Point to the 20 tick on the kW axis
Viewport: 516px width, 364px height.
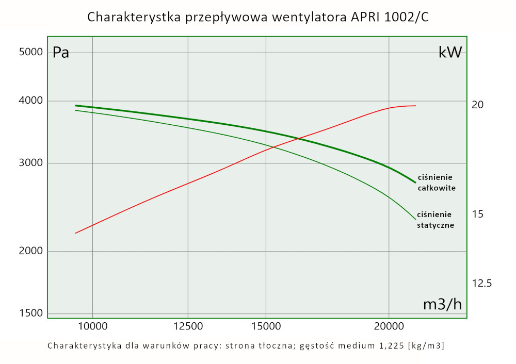(x=478, y=105)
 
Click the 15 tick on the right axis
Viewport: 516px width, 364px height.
(x=478, y=213)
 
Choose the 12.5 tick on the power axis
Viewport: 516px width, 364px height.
(x=482, y=283)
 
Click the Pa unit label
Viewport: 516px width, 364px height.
(x=61, y=53)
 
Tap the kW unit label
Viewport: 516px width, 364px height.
(x=449, y=52)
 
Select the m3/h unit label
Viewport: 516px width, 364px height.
(x=442, y=304)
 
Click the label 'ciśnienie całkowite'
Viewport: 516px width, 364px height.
(x=436, y=183)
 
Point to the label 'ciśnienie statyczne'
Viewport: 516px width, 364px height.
(x=435, y=220)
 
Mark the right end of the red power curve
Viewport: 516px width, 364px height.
(x=415, y=106)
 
